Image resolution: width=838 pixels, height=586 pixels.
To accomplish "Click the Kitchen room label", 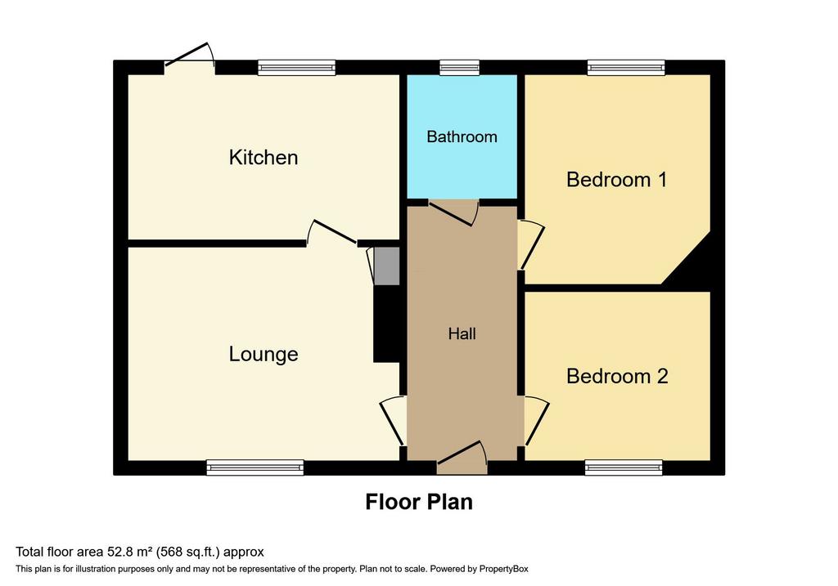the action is (x=264, y=158).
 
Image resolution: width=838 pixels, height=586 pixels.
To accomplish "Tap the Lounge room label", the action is (x=264, y=355).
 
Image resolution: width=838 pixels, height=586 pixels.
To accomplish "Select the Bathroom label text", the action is (x=462, y=137).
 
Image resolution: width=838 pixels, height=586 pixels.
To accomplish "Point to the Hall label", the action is (x=462, y=334).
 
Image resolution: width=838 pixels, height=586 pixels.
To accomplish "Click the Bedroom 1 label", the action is (x=617, y=180).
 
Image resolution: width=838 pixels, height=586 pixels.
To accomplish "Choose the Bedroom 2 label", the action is (x=617, y=376).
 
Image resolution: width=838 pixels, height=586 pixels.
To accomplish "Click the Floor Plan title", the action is (x=419, y=502).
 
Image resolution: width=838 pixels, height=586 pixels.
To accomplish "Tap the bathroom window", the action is (x=460, y=68).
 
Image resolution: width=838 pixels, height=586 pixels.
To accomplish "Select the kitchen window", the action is (x=296, y=68).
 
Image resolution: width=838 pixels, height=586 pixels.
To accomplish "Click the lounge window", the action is (x=255, y=467).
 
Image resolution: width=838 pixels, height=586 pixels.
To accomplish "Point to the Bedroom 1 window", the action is (x=626, y=68).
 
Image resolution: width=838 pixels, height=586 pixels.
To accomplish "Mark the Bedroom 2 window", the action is (x=624, y=467).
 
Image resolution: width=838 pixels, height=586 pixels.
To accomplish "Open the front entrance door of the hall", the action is (x=462, y=458).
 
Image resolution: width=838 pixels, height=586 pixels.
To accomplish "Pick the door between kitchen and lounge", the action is (x=332, y=233).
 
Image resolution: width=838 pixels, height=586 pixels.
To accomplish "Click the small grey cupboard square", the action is (x=386, y=266).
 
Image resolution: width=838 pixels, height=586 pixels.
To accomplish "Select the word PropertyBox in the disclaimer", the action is (x=503, y=569).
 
